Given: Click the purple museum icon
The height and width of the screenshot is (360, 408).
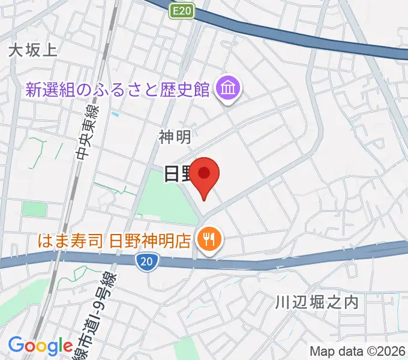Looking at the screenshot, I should [x=229, y=89].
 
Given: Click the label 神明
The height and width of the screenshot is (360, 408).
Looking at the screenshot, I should [x=175, y=137].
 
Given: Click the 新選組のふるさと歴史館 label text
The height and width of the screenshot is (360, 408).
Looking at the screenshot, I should [x=117, y=90].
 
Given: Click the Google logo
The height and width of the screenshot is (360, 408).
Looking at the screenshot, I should [x=40, y=346].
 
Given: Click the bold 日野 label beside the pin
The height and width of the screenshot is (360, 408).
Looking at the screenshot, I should [x=178, y=174].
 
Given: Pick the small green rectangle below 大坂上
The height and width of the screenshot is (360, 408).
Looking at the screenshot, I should [x=34, y=209].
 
